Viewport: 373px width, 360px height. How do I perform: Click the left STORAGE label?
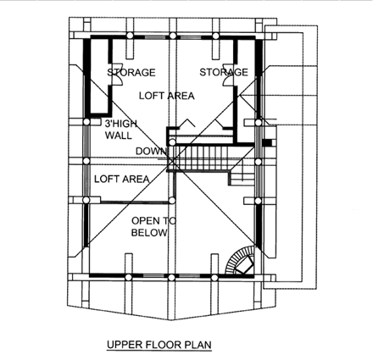131,72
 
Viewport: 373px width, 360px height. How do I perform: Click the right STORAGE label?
224,72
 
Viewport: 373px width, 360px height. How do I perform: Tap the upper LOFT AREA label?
166,96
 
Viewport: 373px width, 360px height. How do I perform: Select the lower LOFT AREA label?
121,179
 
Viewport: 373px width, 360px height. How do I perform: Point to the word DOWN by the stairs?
149,152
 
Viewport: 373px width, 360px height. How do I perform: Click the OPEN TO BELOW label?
153,226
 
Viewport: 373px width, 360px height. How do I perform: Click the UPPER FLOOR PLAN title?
159,346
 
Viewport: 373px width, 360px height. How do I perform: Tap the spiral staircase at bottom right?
241,262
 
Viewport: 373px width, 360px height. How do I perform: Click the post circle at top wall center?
172,36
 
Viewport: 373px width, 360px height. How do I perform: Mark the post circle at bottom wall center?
172,276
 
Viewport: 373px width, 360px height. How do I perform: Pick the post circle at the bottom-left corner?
86,276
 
